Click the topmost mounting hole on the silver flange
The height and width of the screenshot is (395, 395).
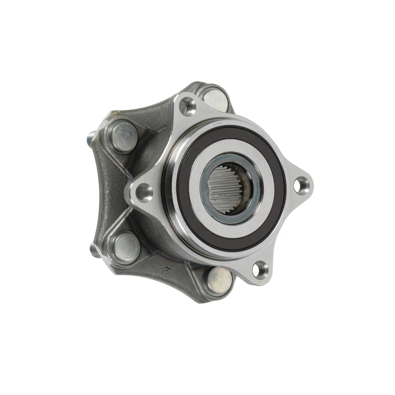[x=188, y=105]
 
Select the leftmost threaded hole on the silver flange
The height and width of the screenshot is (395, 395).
[x=144, y=191]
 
